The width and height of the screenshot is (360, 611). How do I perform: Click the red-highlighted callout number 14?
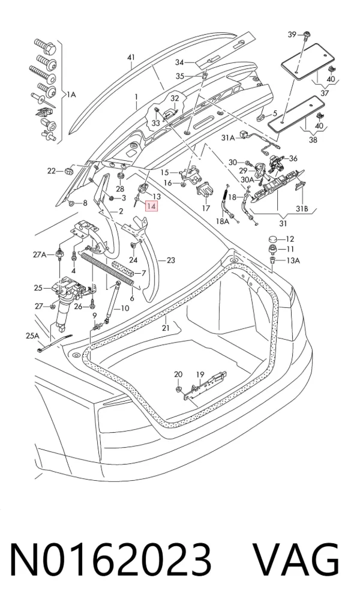coord(151,206)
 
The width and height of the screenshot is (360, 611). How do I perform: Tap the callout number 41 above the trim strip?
coord(131,58)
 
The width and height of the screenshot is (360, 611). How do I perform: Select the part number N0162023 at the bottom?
coord(110,561)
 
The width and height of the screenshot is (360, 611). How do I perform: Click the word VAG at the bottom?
coord(296,561)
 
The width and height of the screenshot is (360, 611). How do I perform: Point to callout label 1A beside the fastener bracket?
coord(71,94)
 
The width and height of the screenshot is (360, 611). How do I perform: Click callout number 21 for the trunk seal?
coord(166,328)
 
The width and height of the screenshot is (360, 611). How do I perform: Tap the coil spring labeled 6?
coord(107,269)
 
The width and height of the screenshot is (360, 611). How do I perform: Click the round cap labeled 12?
coord(272,239)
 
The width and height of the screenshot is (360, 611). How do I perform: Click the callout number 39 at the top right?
coord(292,35)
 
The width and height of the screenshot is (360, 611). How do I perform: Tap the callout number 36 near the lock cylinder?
coord(293,158)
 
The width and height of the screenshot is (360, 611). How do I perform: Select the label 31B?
coord(302,209)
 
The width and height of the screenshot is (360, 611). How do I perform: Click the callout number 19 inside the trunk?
coord(200,375)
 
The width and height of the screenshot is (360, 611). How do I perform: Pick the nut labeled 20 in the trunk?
coord(178,390)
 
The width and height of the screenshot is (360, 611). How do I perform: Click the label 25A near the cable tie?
coord(33,336)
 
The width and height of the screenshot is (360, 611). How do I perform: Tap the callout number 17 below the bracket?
coord(206,208)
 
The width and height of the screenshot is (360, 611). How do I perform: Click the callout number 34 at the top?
coord(179,62)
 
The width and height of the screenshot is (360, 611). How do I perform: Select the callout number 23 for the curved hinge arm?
coord(170,260)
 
